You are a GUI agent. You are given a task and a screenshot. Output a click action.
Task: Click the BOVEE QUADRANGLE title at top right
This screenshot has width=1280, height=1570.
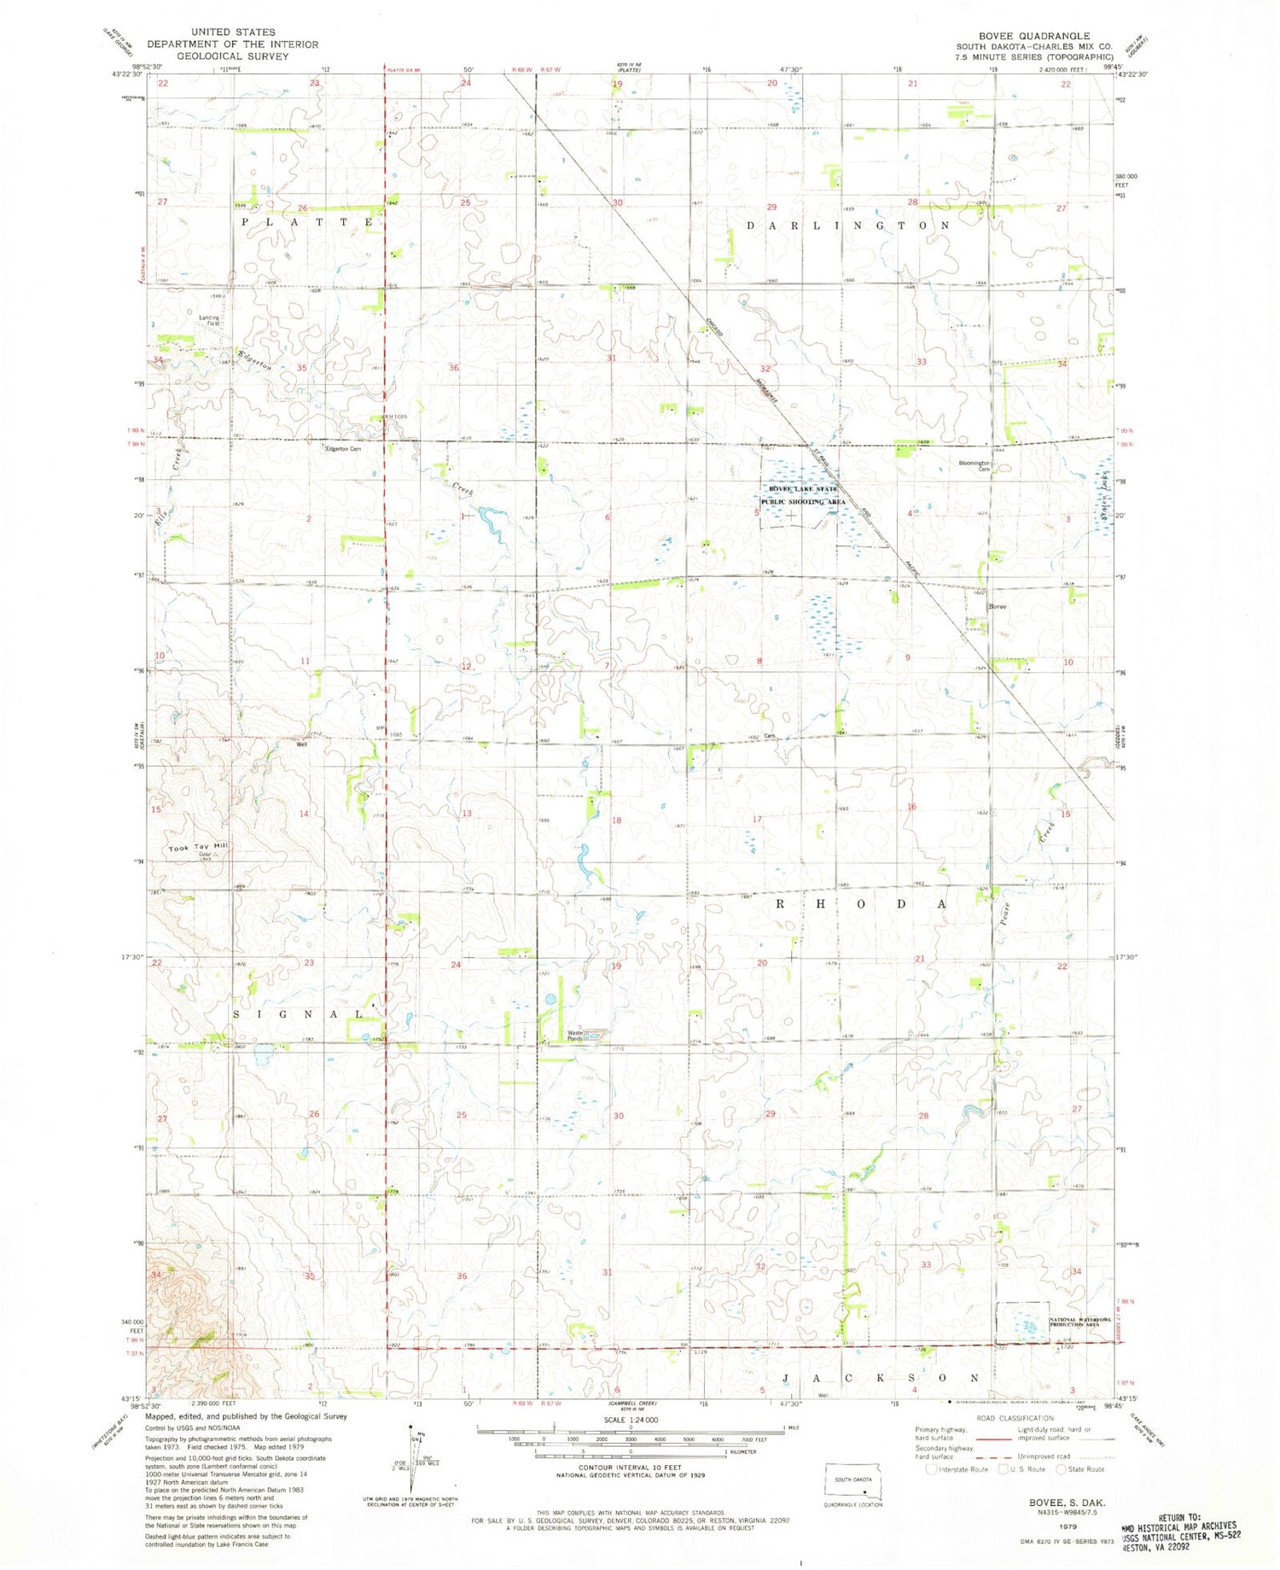[1033, 36]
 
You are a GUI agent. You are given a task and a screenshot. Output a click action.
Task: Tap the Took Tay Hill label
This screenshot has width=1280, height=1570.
[199, 847]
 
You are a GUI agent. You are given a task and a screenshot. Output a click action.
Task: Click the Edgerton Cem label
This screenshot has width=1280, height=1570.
[342, 449]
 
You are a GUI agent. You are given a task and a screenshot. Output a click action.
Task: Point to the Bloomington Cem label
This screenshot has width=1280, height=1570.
[974, 466]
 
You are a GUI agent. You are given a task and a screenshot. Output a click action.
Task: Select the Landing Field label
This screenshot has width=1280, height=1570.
[209, 321]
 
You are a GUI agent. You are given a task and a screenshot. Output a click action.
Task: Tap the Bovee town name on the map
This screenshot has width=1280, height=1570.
[997, 607]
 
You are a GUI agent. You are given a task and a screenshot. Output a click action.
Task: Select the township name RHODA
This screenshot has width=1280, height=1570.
[862, 903]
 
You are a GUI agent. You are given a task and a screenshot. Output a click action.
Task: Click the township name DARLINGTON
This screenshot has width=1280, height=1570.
[848, 225]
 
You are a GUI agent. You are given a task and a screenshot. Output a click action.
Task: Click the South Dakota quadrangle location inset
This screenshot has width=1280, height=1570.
[854, 1487]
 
